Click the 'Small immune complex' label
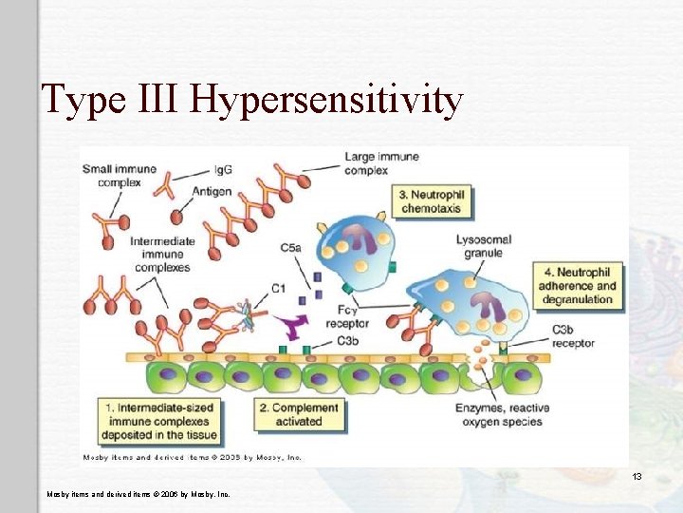coord(119,176)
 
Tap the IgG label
coord(223,170)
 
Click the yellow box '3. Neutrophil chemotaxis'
coord(432,201)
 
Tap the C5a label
coord(291,248)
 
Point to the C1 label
coord(279,287)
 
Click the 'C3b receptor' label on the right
coord(573,335)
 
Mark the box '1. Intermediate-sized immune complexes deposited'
coord(160,421)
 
